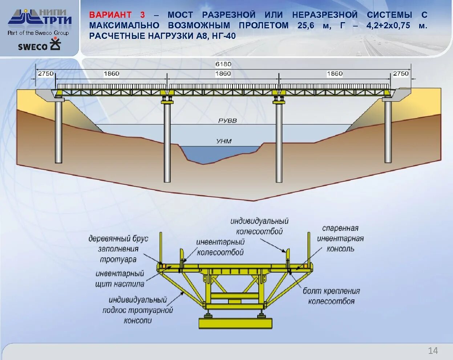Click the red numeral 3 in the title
coord(142,15)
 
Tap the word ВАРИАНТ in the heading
coord(110,15)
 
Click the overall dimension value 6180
coord(223,64)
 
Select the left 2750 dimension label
coord(46,74)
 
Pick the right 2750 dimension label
coord(401,74)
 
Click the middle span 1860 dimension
coord(223,74)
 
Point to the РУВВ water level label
coord(227,120)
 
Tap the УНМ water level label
coord(224,141)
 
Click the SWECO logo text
coord(33,47)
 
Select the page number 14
coord(433,351)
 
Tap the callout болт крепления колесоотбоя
coord(331,296)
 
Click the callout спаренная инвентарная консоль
coord(340,238)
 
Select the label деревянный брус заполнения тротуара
coord(118,249)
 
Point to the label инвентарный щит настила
coord(120,279)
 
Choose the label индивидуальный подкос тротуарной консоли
coord(138,310)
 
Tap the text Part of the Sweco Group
coord(38,33)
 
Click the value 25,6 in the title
coord(306,25)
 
